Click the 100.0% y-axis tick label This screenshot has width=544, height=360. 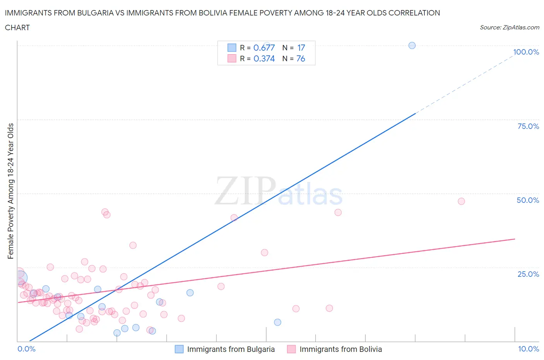pos(526,52)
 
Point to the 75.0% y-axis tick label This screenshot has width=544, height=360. pos(528,126)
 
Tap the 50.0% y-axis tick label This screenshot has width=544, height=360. pos(528,200)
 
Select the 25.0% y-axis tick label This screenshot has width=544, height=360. pos(528,274)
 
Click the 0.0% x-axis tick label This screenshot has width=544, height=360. pos(26,349)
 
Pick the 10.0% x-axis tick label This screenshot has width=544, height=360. pos(529,349)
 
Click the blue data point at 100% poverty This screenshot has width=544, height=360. pos(412,45)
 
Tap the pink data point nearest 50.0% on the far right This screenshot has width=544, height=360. pos(461,201)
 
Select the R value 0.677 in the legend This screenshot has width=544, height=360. pos(264,48)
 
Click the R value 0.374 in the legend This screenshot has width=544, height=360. pos(264,58)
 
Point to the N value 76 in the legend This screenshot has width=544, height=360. pos(301,58)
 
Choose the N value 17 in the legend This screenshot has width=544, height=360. pos(301,48)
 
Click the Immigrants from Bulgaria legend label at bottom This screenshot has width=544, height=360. pos(231,349)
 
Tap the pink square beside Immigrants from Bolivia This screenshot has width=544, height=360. pos(291,349)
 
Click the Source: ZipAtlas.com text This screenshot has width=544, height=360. pos(509,27)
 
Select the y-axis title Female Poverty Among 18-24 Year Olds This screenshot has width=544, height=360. pos(10,191)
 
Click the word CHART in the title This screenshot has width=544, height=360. pos(17,27)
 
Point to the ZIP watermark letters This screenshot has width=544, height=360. pos(245,191)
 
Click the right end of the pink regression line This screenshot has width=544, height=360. pos(514,239)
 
